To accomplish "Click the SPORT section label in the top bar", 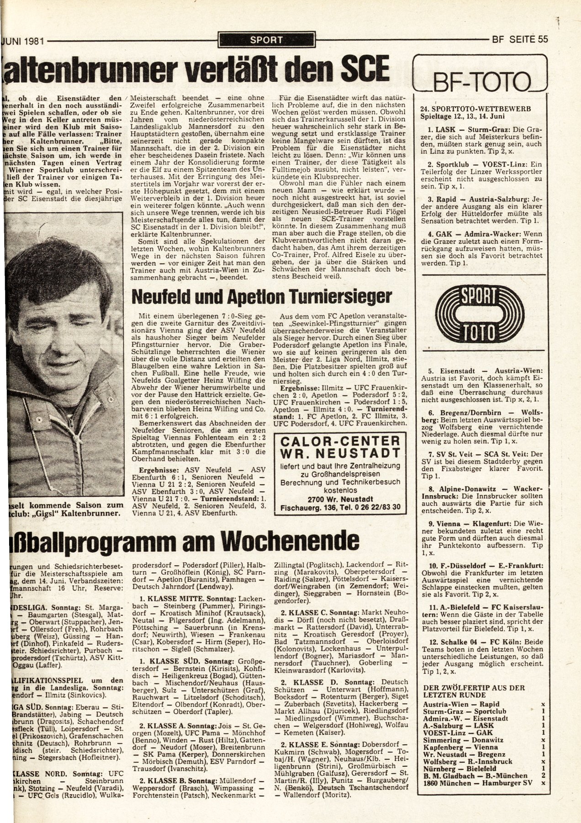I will (x=266, y=40).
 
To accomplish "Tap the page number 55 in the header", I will (x=543, y=39).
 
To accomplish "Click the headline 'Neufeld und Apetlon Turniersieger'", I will (x=261, y=298).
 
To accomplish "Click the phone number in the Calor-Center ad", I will (x=377, y=507).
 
